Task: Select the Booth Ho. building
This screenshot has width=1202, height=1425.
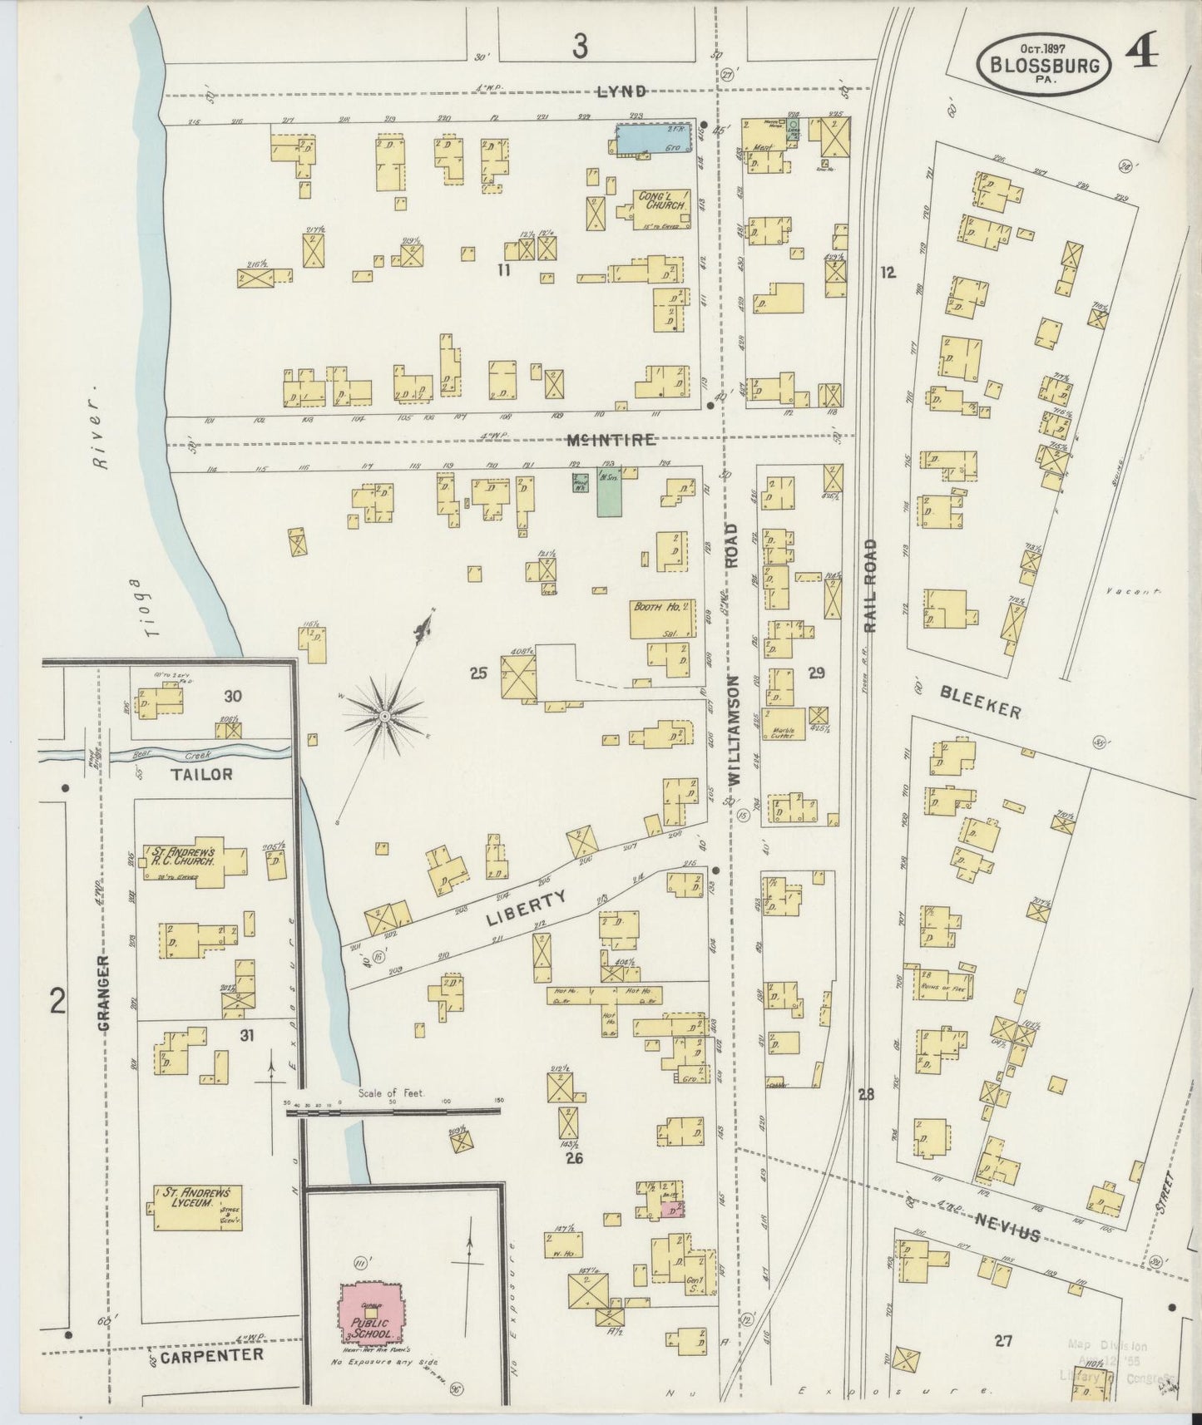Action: [662, 618]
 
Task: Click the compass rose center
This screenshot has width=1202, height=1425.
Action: [385, 715]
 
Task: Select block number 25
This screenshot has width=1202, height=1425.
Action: [477, 673]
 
